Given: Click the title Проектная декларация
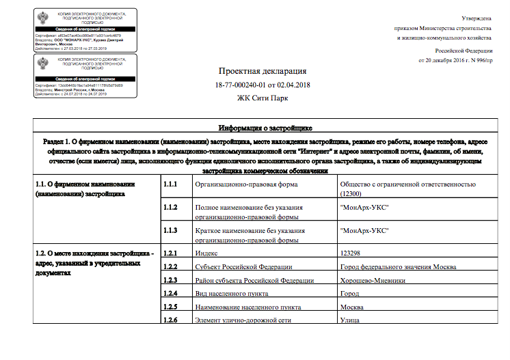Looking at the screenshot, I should point(263,71).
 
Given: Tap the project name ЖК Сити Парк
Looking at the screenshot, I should point(263,98).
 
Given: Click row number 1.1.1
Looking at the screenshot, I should point(170,184).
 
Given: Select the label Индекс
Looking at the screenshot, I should point(206,253).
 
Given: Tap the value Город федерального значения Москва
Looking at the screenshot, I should point(398,266).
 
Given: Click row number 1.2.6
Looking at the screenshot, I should point(170,320).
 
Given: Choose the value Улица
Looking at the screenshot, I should point(350,320).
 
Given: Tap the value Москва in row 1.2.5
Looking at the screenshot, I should point(353,307).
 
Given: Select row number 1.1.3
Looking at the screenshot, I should point(170,230).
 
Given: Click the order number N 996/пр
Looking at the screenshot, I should point(476,61).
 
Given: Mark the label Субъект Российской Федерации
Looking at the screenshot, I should point(243,266).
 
